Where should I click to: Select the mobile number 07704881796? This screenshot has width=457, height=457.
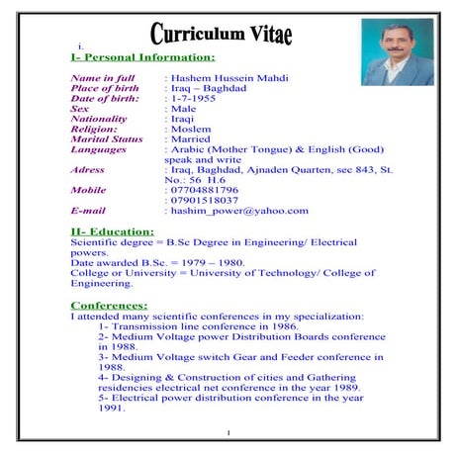pyautogui.click(x=204, y=189)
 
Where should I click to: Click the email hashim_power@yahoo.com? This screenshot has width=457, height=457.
pyautogui.click(x=238, y=211)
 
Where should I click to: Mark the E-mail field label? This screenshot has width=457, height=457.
pyautogui.click(x=88, y=211)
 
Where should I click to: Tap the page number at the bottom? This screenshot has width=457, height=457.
pyautogui.click(x=228, y=432)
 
